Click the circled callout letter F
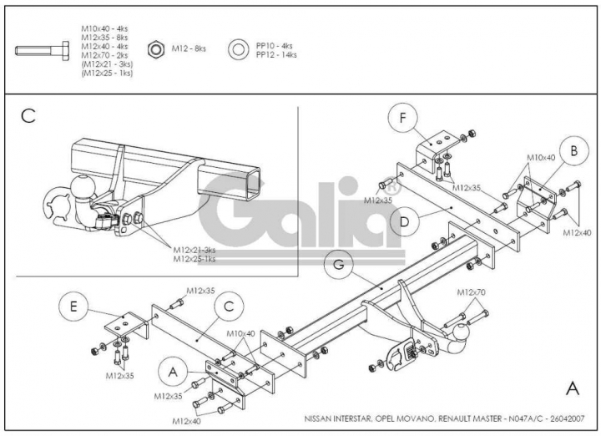402,118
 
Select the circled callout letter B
573,150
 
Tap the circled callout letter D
404,221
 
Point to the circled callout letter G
339,264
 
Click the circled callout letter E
73,306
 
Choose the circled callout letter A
173,371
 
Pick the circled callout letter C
229,307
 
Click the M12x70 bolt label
471,292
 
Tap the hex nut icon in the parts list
156,49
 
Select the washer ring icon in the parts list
238,49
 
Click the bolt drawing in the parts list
43,50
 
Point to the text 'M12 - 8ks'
189,48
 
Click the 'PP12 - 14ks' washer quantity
276,55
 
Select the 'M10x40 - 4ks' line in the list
104,28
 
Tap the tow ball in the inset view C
82,187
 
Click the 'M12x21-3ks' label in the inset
194,250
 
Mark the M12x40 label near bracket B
577,232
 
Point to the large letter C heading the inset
28,116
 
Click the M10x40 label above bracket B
541,158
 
